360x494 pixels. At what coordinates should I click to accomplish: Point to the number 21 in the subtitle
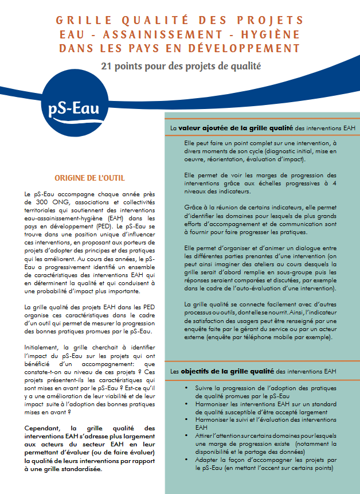[x=107, y=66]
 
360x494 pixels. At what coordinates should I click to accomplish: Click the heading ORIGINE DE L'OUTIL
[x=89, y=178]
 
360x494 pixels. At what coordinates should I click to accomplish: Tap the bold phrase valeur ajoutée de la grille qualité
[x=236, y=127]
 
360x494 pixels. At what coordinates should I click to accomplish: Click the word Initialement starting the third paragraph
[x=44, y=348]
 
